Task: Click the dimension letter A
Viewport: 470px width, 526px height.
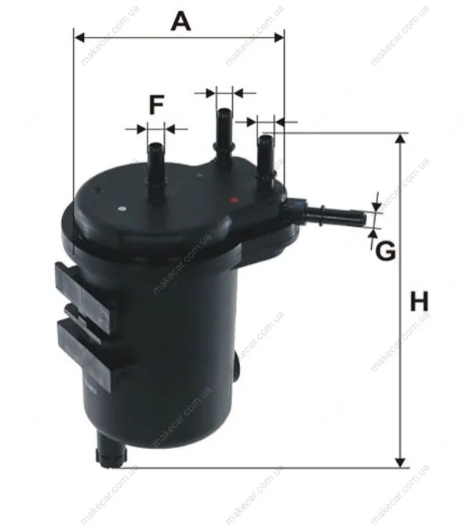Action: (x=180, y=20)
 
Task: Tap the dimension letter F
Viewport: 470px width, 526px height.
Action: (x=156, y=104)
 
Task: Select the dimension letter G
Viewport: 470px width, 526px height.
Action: (x=385, y=251)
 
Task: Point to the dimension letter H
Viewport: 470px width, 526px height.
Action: (x=419, y=301)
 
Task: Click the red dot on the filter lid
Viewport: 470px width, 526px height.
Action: (x=234, y=200)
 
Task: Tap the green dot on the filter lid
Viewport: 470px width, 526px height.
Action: (x=200, y=175)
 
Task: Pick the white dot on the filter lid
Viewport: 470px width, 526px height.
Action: (x=122, y=209)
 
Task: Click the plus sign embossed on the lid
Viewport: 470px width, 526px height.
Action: (x=98, y=189)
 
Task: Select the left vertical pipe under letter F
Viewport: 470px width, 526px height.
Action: (x=156, y=173)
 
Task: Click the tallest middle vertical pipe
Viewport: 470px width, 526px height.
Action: (x=224, y=137)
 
